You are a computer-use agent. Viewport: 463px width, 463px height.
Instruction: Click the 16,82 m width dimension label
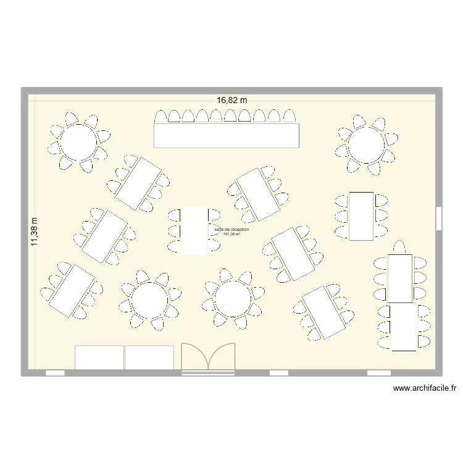tap(231, 99)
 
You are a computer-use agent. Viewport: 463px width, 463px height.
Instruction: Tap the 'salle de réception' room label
tap(231, 229)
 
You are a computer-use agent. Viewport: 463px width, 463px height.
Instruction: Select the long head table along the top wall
tap(227, 136)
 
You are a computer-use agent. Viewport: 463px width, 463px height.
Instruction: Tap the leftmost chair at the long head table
tap(161, 117)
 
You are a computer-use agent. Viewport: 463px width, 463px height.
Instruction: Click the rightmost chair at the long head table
tap(290, 117)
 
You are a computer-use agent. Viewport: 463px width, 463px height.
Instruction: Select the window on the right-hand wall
tap(438, 218)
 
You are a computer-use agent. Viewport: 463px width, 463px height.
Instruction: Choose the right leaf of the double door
tap(222, 357)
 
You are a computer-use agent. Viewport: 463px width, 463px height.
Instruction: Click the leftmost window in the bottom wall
tap(55, 373)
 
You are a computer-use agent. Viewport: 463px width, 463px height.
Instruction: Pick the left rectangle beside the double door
tap(99, 357)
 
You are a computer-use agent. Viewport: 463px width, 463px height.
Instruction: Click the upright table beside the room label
tap(194, 230)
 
